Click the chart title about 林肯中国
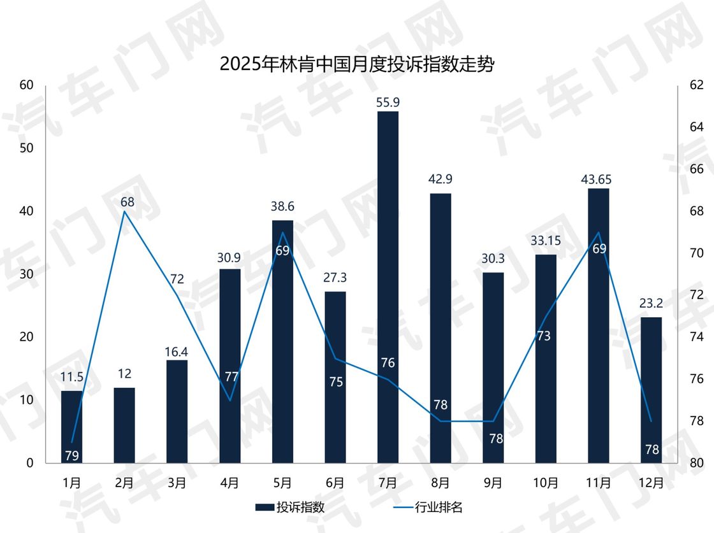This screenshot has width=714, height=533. tap(356, 65)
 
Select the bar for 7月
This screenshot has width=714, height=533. tap(388, 287)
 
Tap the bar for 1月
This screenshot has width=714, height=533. tap(72, 427)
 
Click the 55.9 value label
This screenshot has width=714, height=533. tap(388, 102)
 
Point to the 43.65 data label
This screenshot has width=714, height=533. tap(598, 179)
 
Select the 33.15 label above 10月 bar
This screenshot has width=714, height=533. tap(546, 245)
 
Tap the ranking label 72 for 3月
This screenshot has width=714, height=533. tap(177, 279)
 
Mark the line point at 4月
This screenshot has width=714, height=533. tap(230, 401)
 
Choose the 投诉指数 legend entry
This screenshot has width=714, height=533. tap(291, 508)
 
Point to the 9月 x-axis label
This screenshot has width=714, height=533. tap(493, 483)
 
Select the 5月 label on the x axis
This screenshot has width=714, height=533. tap(282, 483)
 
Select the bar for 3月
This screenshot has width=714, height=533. tap(177, 411)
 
